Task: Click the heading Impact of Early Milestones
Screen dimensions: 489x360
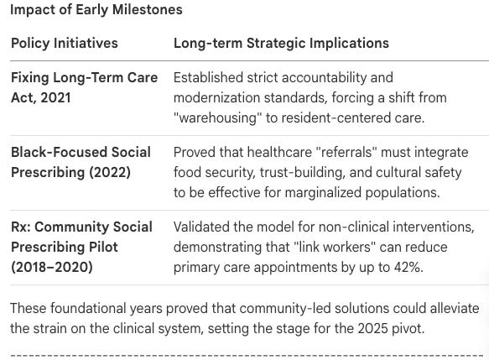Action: (x=96, y=10)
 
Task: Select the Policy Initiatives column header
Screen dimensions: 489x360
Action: (x=65, y=43)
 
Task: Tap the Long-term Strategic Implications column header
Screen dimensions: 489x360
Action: (x=281, y=43)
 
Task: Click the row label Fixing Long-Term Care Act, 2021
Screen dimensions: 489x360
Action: (x=84, y=87)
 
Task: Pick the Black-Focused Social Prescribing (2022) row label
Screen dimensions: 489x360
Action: (x=81, y=162)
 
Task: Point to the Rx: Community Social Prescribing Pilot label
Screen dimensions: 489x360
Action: (x=81, y=237)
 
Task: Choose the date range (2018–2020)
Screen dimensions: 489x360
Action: (x=52, y=268)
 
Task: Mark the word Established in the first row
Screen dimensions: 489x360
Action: (x=208, y=78)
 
